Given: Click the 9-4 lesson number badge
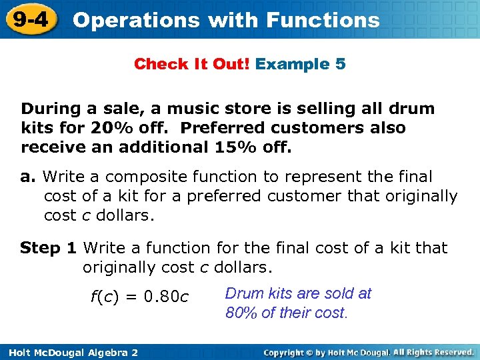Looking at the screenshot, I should [x=30, y=19].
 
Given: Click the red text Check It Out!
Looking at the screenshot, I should [x=192, y=64].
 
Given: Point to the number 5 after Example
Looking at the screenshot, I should [x=340, y=64].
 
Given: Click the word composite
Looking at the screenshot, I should [x=145, y=177].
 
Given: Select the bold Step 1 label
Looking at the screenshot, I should [x=49, y=248].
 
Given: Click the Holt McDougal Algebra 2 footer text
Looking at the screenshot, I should [x=69, y=351].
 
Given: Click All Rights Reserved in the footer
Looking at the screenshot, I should [x=434, y=351].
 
